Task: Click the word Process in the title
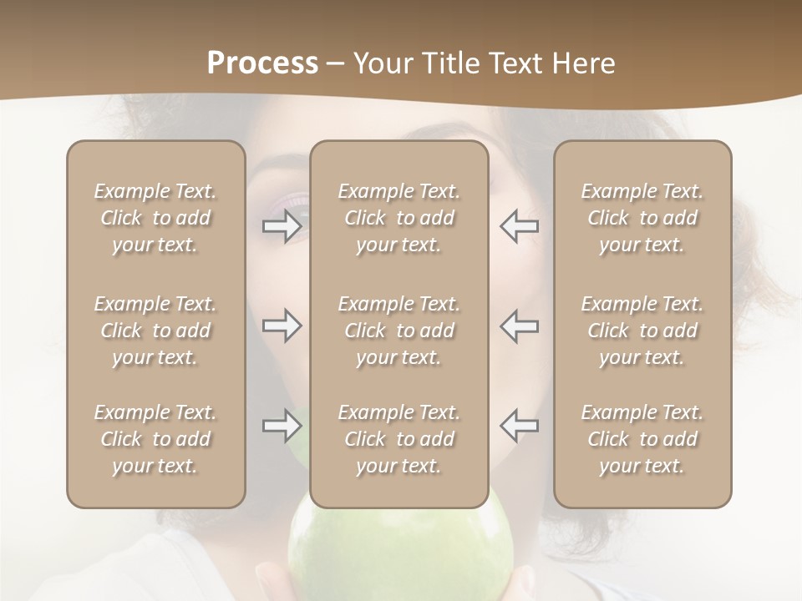point(262,63)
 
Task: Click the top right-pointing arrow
point(282,226)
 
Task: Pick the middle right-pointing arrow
point(282,326)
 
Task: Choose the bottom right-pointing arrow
point(282,426)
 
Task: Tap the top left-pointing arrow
point(519,226)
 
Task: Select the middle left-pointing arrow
point(519,326)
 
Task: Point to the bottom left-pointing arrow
point(519,426)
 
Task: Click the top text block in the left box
point(155,218)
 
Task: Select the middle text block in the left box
point(155,331)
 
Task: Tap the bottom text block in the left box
point(155,439)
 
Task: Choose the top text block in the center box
point(398,218)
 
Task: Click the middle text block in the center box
point(398,331)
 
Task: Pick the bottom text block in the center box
point(398,439)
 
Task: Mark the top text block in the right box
point(642,218)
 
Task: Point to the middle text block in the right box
point(642,331)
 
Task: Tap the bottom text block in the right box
point(642,439)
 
